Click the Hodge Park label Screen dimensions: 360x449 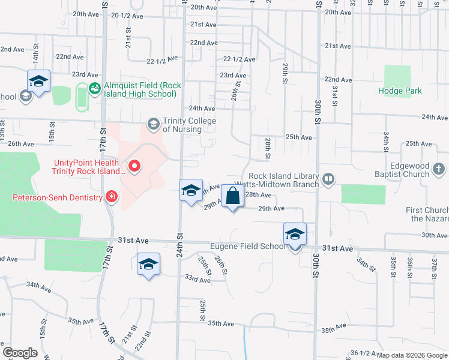pyautogui.click(x=400, y=91)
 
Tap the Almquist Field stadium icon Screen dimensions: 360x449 pyautogui.click(x=94, y=89)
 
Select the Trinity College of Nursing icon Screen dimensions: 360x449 pyautogui.click(x=153, y=124)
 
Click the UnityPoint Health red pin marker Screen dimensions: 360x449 pyautogui.click(x=134, y=166)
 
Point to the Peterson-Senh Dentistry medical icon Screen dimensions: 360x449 pyautogui.click(x=110, y=196)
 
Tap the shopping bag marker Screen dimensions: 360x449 pyautogui.click(x=232, y=196)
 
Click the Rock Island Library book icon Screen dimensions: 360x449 pyautogui.click(x=328, y=178)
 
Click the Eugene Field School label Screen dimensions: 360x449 pyautogui.click(x=245, y=246)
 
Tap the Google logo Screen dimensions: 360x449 pyautogui.click(x=20, y=353)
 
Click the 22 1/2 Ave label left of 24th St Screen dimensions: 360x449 pyautogui.click(x=163, y=59)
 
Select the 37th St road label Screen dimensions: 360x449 pyautogui.click(x=434, y=264)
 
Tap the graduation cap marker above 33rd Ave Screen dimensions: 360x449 pyautogui.click(x=148, y=264)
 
